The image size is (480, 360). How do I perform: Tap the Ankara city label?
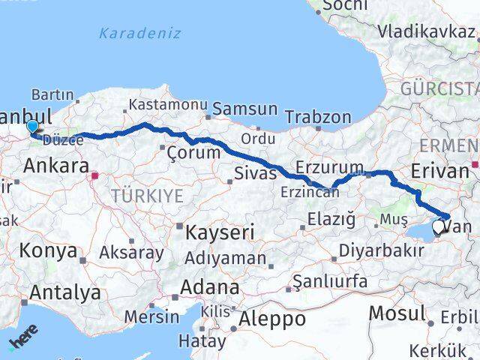56,166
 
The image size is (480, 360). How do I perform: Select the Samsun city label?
245,109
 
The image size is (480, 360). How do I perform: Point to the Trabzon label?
318,117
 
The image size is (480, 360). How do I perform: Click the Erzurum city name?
329,166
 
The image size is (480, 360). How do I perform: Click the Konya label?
49,250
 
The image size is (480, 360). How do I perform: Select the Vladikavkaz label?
427,31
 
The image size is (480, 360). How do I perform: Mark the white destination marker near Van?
438,225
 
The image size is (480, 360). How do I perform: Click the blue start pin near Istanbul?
31,128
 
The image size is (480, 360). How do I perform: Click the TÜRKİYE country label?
147,196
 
